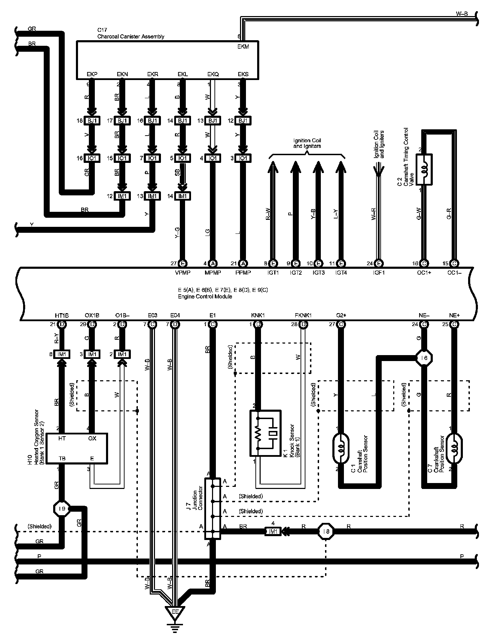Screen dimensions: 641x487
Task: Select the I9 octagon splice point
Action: point(62,509)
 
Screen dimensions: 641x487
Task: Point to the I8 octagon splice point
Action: point(326,532)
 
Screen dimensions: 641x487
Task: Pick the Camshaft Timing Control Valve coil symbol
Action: point(424,170)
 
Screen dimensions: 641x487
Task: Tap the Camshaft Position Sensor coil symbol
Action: point(341,448)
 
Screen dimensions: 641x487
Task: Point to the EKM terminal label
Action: point(243,46)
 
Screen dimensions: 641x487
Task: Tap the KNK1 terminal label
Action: point(258,315)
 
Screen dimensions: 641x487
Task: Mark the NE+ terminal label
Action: point(454,315)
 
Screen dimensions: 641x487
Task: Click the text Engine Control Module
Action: point(205,296)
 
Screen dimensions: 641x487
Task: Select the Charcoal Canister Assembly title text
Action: point(131,36)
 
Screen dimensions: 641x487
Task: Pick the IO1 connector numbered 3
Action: point(242,158)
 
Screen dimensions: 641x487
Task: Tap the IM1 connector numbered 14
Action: point(182,196)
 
